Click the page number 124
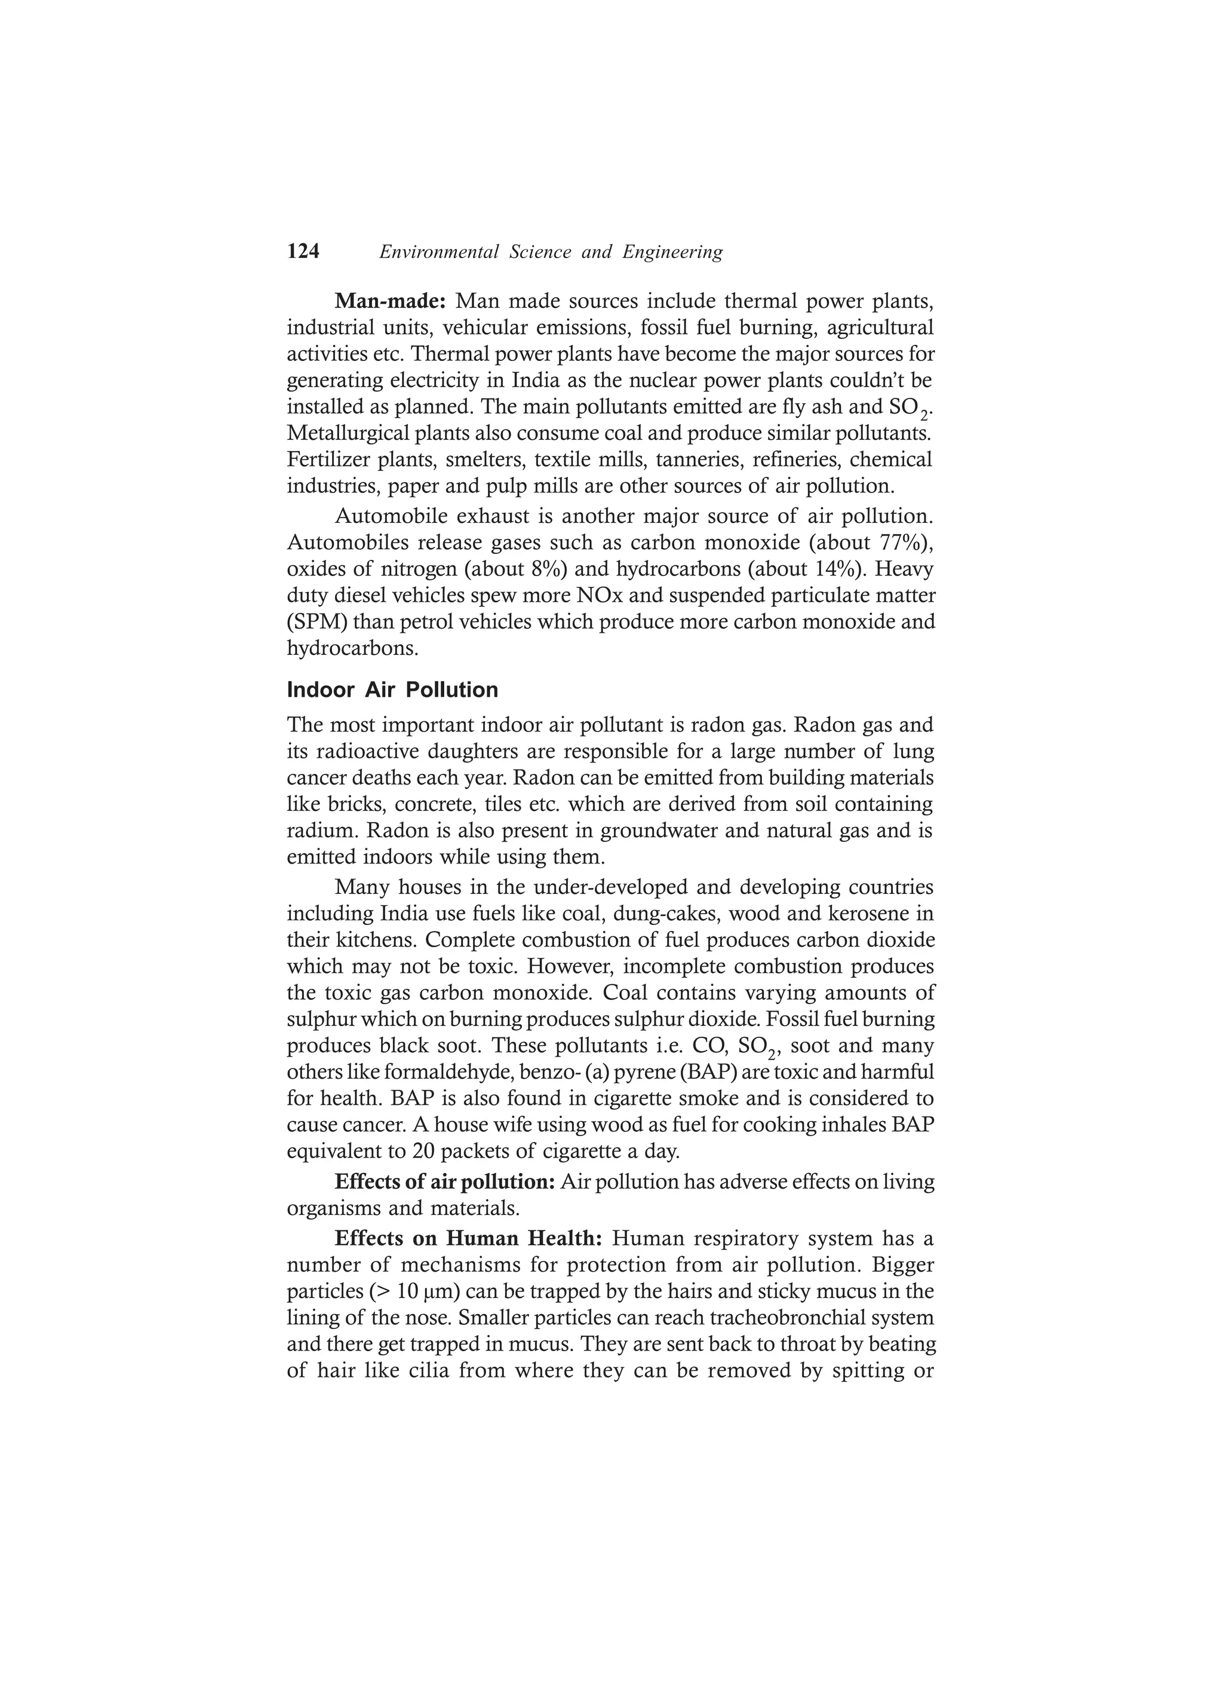[x=303, y=252]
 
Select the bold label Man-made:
[x=389, y=301]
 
